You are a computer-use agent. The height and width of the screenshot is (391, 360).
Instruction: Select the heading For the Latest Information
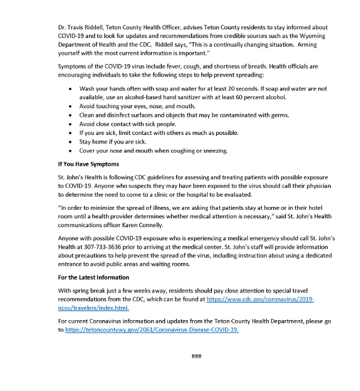click(x=94, y=277)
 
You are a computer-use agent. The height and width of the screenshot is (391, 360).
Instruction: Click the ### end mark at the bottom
click(x=196, y=357)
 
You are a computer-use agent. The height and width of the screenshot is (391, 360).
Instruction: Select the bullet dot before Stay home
click(x=70, y=142)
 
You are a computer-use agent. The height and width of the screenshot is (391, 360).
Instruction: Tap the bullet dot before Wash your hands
click(x=70, y=89)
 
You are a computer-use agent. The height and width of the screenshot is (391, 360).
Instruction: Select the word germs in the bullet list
click(x=277, y=115)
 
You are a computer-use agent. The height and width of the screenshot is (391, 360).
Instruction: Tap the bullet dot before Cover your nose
click(x=70, y=150)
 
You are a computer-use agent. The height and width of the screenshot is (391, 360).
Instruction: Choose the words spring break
click(x=88, y=291)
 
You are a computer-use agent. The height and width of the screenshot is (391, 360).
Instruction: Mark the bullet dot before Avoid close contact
click(x=70, y=124)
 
